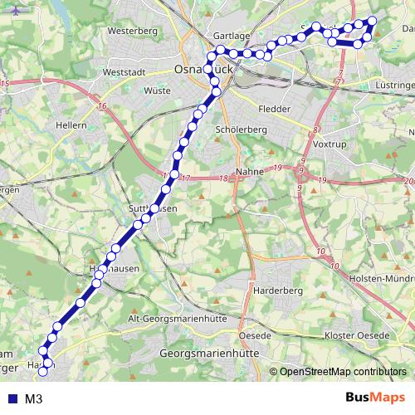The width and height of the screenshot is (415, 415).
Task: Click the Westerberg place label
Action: click(132, 31)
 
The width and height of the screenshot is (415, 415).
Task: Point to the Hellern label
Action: click(71, 124)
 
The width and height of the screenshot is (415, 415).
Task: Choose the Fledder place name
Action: click(275, 109)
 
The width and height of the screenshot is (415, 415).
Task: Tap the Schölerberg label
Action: click(239, 130)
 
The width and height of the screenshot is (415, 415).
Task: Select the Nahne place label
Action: click(249, 172)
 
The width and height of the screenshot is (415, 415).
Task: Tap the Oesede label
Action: click(256, 334)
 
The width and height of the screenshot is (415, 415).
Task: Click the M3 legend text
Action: click(34, 398)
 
